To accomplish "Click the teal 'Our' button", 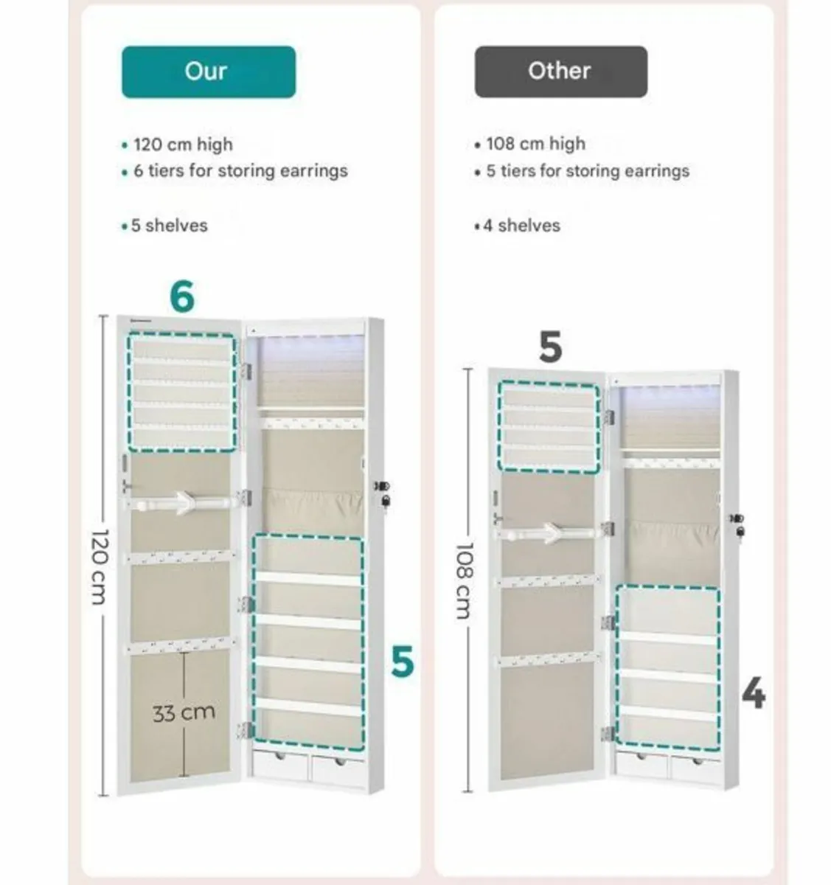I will [x=209, y=72].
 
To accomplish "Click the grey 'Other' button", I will [x=560, y=72].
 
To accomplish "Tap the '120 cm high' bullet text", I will [x=182, y=144].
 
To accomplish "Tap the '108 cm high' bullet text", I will [x=535, y=143].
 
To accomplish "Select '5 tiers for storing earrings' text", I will [x=587, y=171].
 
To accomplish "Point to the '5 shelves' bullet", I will [x=169, y=226].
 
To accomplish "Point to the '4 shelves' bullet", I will [x=521, y=226].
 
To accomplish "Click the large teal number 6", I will [x=182, y=296].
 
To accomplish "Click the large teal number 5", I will [x=403, y=662].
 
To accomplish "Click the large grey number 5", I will [x=550, y=347].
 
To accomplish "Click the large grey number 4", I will [x=753, y=694].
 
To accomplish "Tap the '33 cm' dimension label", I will [x=184, y=712].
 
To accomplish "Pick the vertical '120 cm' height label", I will [x=99, y=566].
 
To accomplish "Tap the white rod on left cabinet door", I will [x=183, y=502].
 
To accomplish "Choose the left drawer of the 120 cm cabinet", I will [x=281, y=767].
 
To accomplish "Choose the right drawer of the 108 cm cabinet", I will [x=694, y=767].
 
